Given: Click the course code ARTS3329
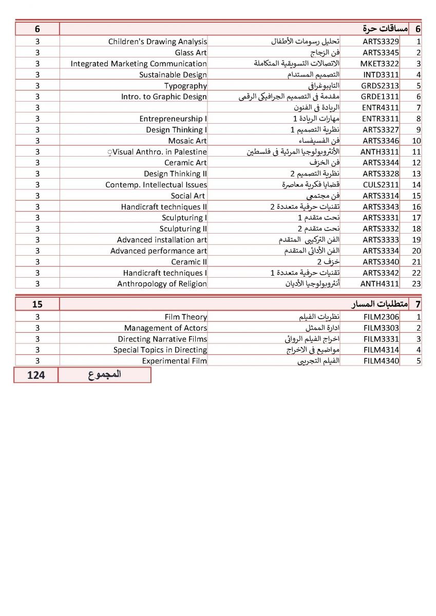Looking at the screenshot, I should [x=381, y=42].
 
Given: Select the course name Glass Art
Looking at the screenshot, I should [x=191, y=53].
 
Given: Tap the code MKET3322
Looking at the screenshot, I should [x=381, y=64].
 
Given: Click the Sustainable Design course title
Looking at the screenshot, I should [x=173, y=75].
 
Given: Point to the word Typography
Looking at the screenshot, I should [x=185, y=86].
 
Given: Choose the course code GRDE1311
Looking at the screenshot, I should [x=381, y=97].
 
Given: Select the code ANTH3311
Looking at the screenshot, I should [x=381, y=152].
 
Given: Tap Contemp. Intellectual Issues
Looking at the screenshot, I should [x=156, y=185].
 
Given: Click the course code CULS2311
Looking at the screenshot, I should [x=381, y=185].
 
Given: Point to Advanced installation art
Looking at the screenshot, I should [x=162, y=240].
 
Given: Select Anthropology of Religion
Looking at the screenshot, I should [x=162, y=284].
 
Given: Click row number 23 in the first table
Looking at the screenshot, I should [x=416, y=284].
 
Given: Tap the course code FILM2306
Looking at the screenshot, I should [x=381, y=317].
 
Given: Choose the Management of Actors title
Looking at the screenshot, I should [x=165, y=328].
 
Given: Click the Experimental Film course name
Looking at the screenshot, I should [x=175, y=361].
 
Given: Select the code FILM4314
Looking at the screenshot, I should [x=381, y=350].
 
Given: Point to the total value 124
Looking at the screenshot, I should [x=36, y=375].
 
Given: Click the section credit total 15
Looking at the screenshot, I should [x=37, y=304].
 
